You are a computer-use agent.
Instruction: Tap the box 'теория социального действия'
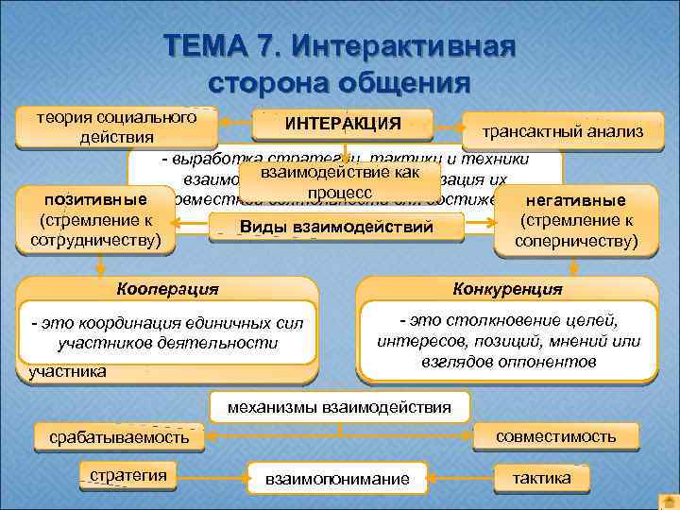116,127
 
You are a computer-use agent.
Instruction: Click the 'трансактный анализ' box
562,132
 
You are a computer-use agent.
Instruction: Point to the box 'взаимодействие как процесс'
339,183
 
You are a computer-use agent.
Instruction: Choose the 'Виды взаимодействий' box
336,227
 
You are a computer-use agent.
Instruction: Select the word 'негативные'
575,200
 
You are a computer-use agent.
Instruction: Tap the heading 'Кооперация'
166,288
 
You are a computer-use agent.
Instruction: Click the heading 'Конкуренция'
507,288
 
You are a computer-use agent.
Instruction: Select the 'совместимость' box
556,435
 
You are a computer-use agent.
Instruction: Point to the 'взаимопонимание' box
337,479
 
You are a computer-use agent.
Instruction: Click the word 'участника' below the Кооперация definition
67,372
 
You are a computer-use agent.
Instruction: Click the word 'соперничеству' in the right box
575,241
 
